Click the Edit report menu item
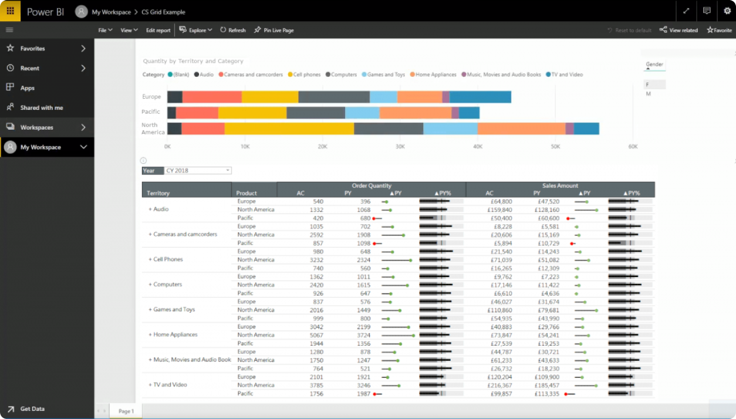[158, 30]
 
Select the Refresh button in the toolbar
[233, 30]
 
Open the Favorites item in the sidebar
[33, 49]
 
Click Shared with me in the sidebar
[41, 108]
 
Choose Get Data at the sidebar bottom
[32, 409]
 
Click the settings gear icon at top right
[727, 11]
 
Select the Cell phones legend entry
[305, 75]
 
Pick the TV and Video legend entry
[566, 75]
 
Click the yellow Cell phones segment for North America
[289, 129]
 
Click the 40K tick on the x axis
[477, 146]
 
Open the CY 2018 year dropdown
[198, 171]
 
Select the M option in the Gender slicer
[649, 94]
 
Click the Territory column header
[158, 193]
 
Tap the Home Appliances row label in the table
[175, 334]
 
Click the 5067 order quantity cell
[316, 335]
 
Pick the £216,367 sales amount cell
[499, 386]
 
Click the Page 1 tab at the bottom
[126, 411]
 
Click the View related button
[678, 30]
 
